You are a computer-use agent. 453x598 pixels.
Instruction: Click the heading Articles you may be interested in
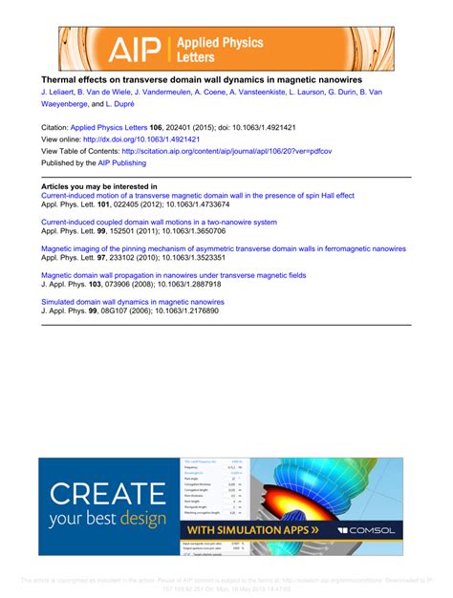99,186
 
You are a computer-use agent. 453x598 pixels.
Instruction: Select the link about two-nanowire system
160,222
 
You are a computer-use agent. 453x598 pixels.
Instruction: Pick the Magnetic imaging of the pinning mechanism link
224,248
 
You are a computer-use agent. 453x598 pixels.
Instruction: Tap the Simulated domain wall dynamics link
140,301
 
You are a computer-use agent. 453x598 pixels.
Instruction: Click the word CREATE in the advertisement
107,494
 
